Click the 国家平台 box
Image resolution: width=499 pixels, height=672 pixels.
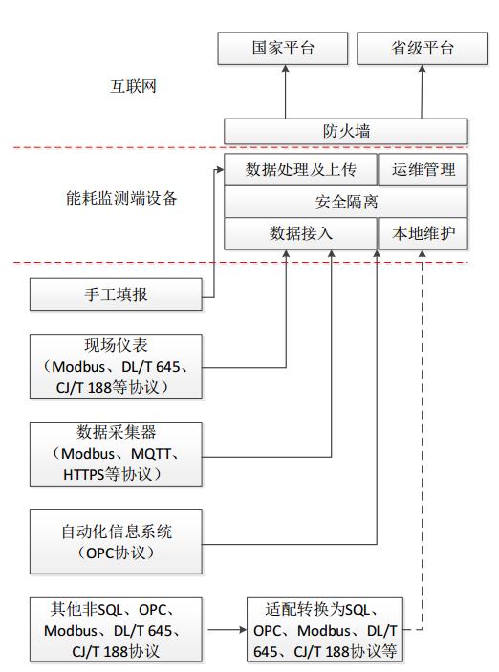tap(285, 47)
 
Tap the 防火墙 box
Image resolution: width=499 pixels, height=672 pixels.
tap(345, 131)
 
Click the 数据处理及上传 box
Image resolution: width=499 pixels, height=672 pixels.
tap(299, 171)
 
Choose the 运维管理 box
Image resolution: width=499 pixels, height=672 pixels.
tap(423, 171)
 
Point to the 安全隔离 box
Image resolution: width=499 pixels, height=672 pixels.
tap(345, 203)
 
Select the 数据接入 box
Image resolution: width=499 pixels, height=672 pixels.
tap(299, 233)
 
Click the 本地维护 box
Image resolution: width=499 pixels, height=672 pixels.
tap(423, 233)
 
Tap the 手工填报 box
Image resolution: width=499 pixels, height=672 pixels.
tap(116, 294)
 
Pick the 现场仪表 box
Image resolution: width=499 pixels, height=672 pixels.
tap(116, 365)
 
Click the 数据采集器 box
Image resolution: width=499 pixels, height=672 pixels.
tap(116, 453)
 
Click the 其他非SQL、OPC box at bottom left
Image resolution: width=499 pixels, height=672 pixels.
tap(116, 629)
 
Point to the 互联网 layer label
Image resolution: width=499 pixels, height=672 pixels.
tap(133, 87)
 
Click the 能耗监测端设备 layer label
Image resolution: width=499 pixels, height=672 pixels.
tap(117, 199)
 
